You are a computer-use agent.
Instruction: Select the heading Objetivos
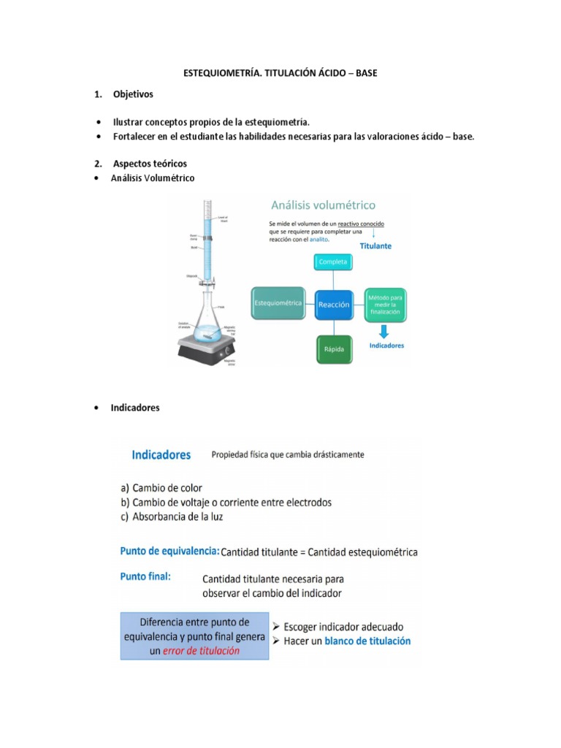(x=133, y=95)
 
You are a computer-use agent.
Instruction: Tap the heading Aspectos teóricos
(x=150, y=163)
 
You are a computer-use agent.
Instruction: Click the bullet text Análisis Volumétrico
(x=153, y=178)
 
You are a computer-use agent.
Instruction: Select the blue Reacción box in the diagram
(x=333, y=303)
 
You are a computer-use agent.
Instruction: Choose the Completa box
(x=333, y=262)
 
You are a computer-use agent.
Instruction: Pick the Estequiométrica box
(x=278, y=302)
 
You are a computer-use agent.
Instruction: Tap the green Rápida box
(x=333, y=350)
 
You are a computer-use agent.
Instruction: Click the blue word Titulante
(x=375, y=246)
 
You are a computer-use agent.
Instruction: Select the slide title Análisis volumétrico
(x=324, y=205)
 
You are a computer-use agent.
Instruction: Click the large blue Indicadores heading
(x=161, y=454)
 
